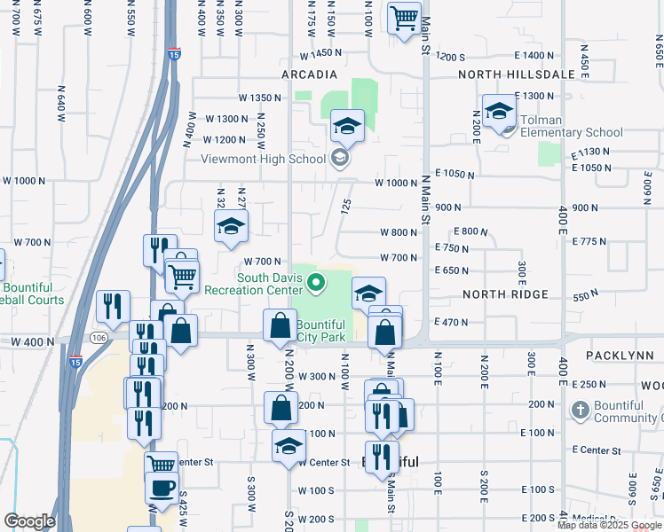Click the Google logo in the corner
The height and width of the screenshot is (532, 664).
tap(29, 521)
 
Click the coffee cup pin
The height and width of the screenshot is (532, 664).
tap(161, 488)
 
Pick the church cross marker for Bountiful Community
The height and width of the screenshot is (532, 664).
tap(580, 411)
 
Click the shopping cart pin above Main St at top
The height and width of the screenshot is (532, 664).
tap(404, 17)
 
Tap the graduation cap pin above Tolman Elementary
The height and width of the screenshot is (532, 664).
tap(500, 111)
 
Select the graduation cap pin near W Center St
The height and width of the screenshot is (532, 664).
tap(289, 447)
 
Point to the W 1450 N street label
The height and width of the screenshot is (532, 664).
tap(321, 54)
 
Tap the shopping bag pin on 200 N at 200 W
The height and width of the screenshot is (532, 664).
tap(281, 408)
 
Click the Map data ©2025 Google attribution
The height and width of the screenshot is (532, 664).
tap(610, 525)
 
